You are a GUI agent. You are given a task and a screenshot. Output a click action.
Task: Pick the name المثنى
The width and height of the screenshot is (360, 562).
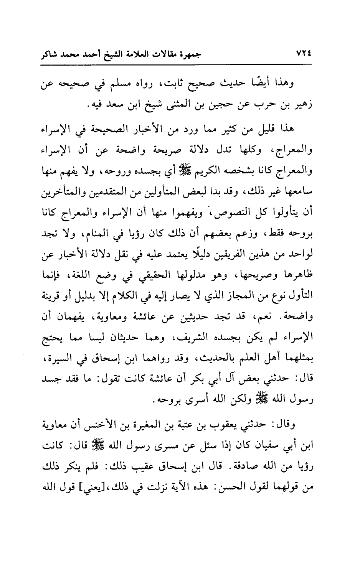(x=167, y=104)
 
